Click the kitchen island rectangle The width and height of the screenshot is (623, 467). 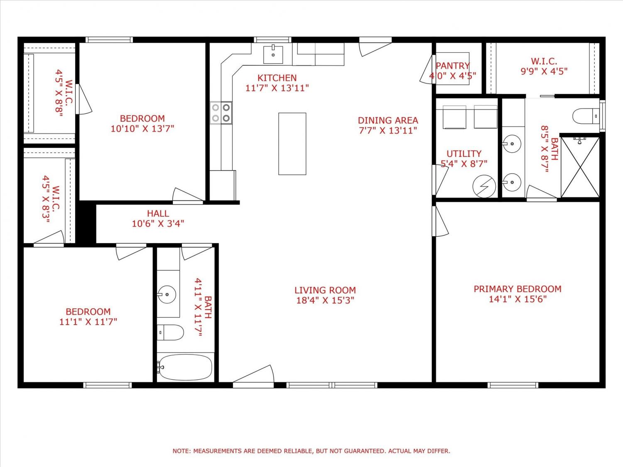(x=292, y=144)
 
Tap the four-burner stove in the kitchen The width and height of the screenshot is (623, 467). (x=221, y=113)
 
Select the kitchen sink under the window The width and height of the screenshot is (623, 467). (x=273, y=55)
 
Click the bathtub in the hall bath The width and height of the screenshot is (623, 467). (x=185, y=367)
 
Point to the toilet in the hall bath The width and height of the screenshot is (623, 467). (x=170, y=333)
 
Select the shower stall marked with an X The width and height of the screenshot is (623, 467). (x=580, y=167)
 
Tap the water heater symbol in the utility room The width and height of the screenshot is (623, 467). (x=484, y=186)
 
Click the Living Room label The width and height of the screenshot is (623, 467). (x=325, y=290)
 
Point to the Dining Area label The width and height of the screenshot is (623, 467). (x=388, y=120)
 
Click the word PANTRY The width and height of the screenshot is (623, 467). (x=452, y=66)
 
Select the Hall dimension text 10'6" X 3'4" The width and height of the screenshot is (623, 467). (x=158, y=224)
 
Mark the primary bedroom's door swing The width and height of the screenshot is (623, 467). (x=440, y=221)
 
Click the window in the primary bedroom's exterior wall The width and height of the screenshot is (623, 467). (x=513, y=385)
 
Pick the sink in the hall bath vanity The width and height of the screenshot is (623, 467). (x=167, y=294)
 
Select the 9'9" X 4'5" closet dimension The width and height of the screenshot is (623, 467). (x=544, y=71)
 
